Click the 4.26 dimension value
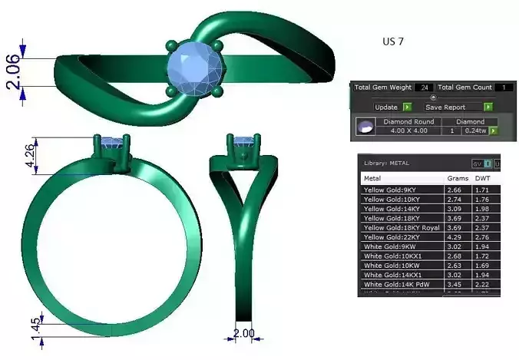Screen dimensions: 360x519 (x=29, y=157)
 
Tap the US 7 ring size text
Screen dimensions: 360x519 (x=392, y=42)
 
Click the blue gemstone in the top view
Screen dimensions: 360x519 (x=195, y=67)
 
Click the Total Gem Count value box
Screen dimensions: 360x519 (x=504, y=88)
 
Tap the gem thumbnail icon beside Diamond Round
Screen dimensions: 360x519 (x=366, y=127)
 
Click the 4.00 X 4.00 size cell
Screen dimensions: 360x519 (x=408, y=131)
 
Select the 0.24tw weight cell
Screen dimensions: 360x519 (x=475, y=131)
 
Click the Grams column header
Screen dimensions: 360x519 (x=458, y=178)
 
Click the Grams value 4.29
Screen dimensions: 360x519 (x=455, y=237)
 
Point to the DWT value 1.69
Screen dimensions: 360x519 (x=482, y=265)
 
